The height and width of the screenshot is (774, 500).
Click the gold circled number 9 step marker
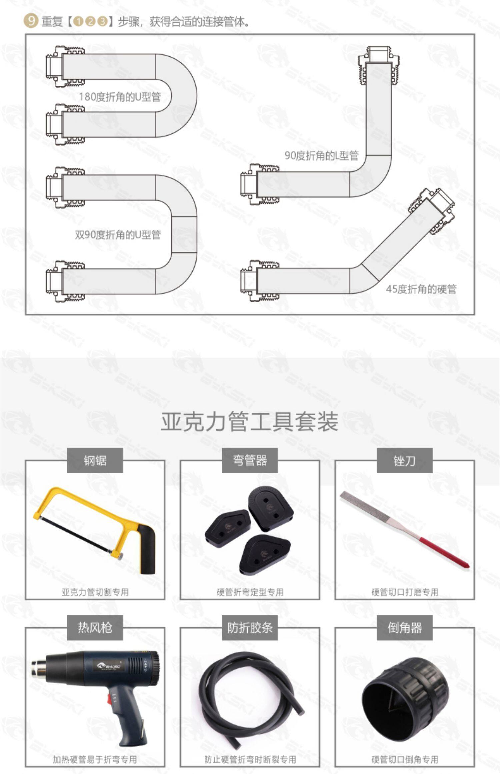pyautogui.click(x=31, y=22)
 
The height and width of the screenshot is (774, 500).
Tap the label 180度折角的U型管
pyautogui.click(x=120, y=97)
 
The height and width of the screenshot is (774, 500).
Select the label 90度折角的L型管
pyautogui.click(x=321, y=155)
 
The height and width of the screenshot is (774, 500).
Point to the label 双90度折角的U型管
pyautogui.click(x=118, y=235)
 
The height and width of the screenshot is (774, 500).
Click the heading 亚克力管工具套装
pyautogui.click(x=250, y=422)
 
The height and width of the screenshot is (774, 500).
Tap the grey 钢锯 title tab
pyautogui.click(x=95, y=460)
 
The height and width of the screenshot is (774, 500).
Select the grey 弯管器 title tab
pyautogui.click(x=250, y=460)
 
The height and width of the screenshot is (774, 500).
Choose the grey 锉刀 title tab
pyautogui.click(x=404, y=460)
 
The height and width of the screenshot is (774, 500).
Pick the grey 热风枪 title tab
pyautogui.click(x=95, y=628)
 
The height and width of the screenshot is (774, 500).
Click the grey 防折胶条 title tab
pyautogui.click(x=250, y=628)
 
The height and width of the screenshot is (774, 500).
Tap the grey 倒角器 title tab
pyautogui.click(x=404, y=628)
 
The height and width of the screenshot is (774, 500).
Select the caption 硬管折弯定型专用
pyautogui.click(x=250, y=592)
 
